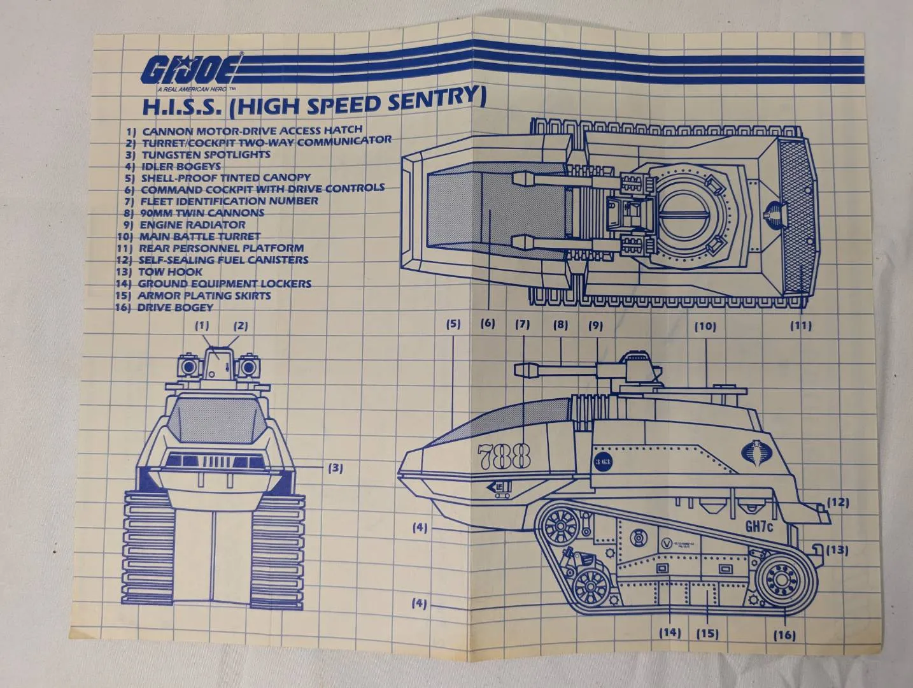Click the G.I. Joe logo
[x=190, y=69]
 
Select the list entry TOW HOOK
[x=171, y=271]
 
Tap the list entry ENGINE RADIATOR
[x=192, y=224]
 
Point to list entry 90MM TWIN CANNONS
[x=202, y=213]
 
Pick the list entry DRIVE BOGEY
[x=175, y=307]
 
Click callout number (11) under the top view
[x=801, y=326]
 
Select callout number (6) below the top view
[x=487, y=323]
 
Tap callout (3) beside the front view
[x=336, y=468]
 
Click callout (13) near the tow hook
[x=839, y=550]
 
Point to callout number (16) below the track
[x=784, y=635]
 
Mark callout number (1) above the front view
[x=202, y=326]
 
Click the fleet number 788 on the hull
[x=503, y=456]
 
